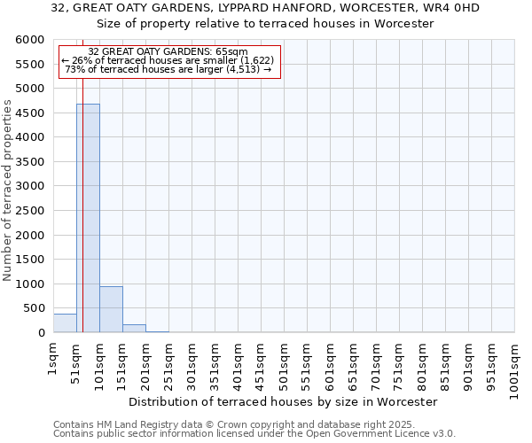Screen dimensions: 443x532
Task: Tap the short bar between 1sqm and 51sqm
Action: [65, 323]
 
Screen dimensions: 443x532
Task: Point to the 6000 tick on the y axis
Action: [30, 40]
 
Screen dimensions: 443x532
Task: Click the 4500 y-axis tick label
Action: [30, 113]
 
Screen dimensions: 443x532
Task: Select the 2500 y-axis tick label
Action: [30, 211]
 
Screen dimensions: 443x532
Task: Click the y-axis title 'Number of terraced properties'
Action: [8, 190]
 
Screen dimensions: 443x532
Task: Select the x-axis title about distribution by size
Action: [283, 401]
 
